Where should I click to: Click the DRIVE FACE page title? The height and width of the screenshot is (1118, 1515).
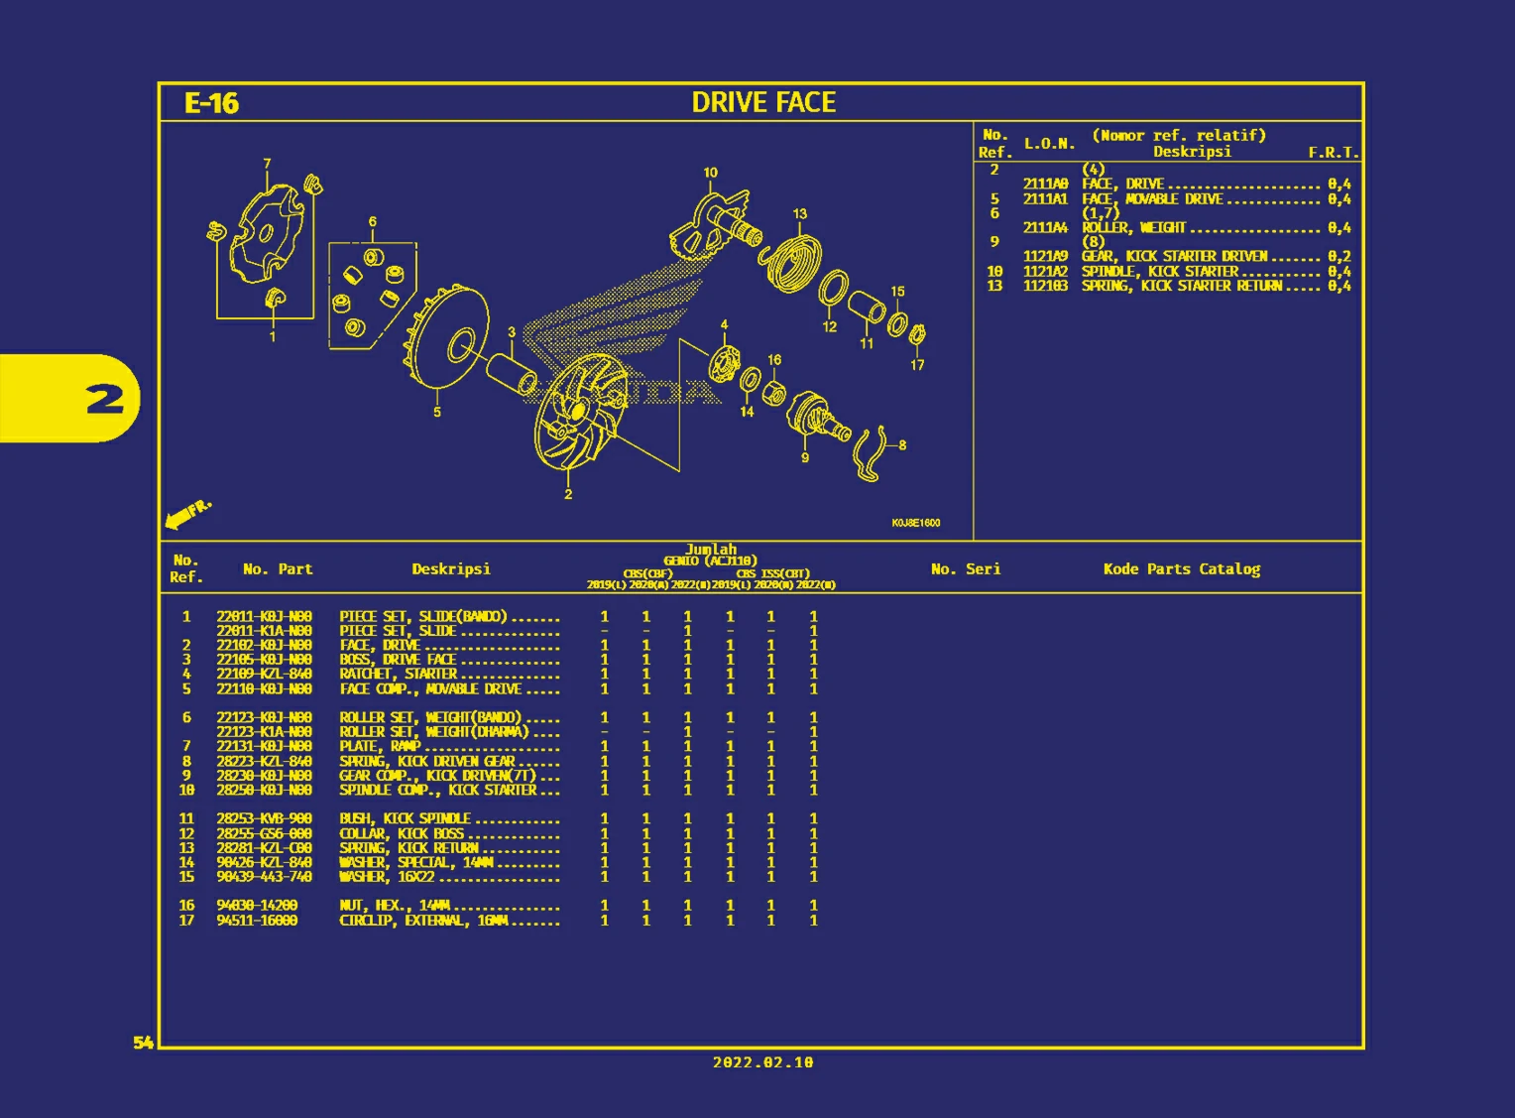[763, 102]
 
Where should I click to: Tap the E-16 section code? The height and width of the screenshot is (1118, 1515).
[211, 103]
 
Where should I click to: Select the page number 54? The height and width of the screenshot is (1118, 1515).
[144, 1042]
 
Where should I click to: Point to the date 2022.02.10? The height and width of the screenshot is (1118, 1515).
[762, 1062]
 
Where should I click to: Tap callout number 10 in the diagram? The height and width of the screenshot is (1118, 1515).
[711, 173]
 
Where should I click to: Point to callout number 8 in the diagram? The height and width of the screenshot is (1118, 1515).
[902, 445]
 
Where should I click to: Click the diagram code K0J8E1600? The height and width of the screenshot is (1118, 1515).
[915, 523]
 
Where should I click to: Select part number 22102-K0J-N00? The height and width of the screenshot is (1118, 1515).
[264, 645]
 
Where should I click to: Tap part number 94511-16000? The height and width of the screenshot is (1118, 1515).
[257, 921]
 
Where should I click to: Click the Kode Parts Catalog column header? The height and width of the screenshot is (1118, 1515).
[1181, 569]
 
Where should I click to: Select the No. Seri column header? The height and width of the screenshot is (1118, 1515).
[965, 569]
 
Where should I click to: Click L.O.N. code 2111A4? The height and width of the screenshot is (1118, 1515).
[1045, 228]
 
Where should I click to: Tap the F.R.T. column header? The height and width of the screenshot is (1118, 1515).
[1333, 153]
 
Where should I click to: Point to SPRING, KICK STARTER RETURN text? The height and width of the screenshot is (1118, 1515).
[1181, 286]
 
